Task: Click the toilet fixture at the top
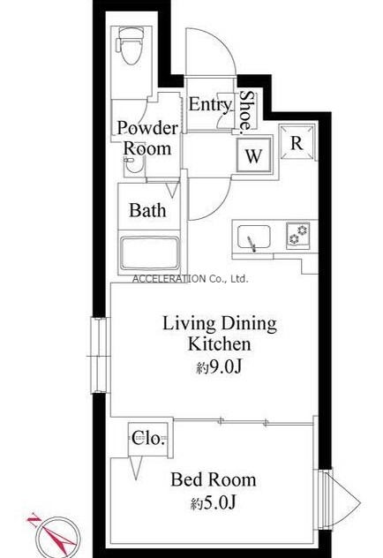130,46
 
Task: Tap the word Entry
210,104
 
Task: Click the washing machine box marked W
254,155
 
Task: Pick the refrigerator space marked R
297,143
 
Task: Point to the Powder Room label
146,138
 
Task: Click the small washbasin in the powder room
133,165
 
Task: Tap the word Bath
147,210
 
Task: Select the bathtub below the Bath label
149,253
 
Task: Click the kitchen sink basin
254,237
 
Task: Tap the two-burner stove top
297,235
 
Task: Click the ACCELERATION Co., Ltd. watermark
190,279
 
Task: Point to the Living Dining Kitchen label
220,334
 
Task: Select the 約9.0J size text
219,367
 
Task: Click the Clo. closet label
148,438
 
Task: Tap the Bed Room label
214,479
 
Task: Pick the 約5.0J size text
213,503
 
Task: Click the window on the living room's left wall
98,355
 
